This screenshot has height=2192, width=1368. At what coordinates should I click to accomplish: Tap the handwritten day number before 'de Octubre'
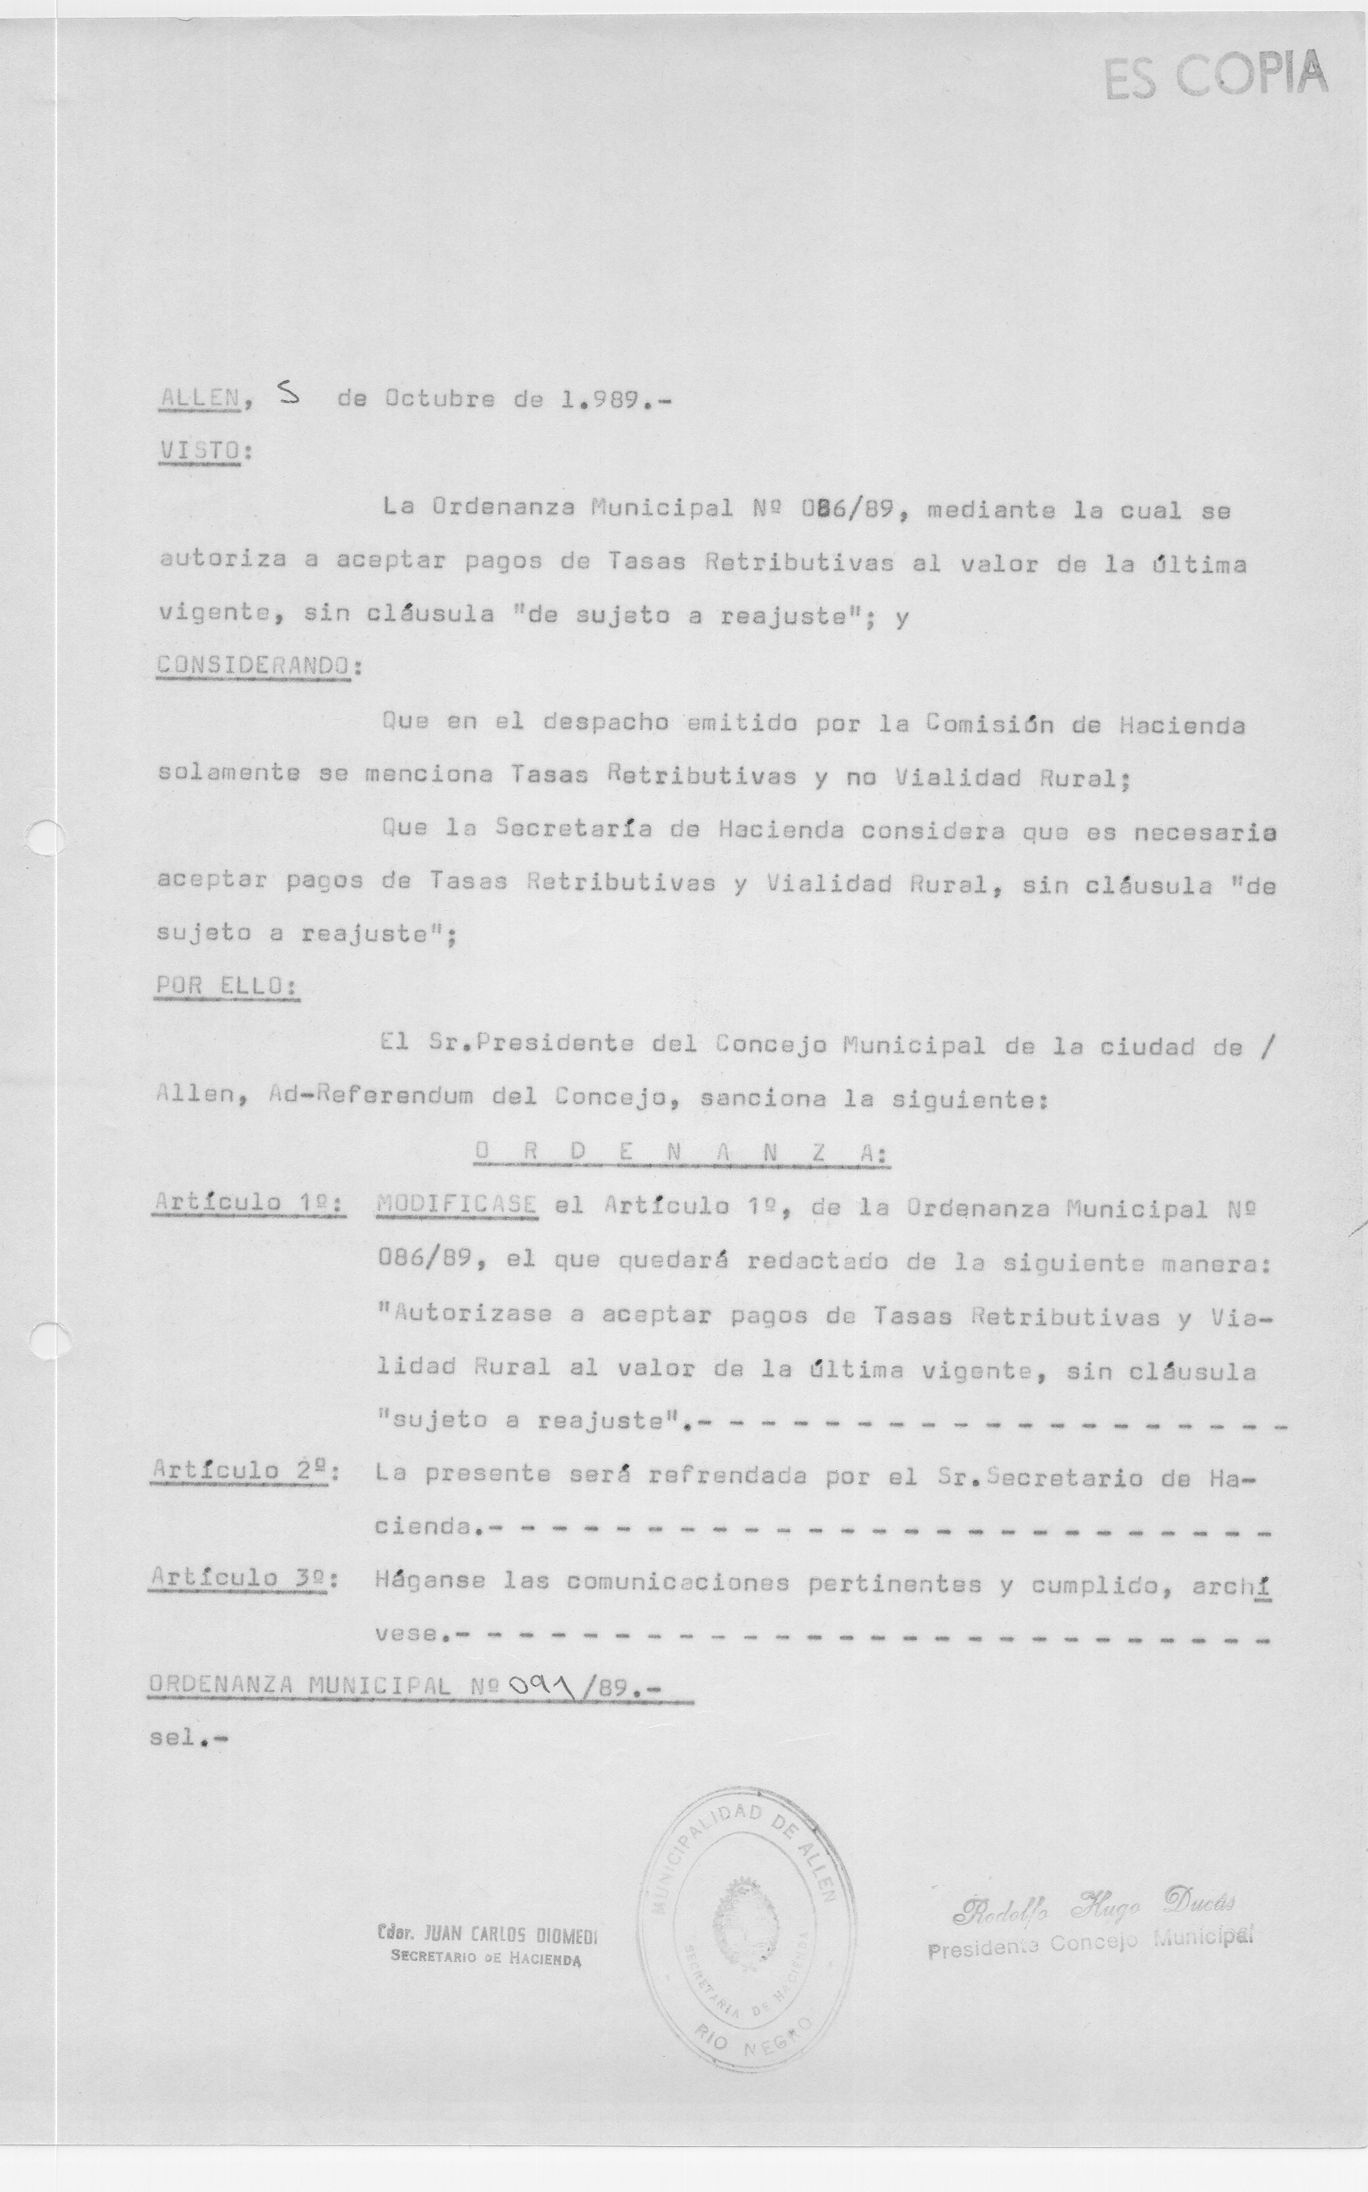point(290,394)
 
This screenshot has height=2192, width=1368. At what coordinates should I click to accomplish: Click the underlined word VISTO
point(200,451)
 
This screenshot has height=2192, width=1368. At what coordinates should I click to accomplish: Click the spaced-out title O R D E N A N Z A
point(681,1152)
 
